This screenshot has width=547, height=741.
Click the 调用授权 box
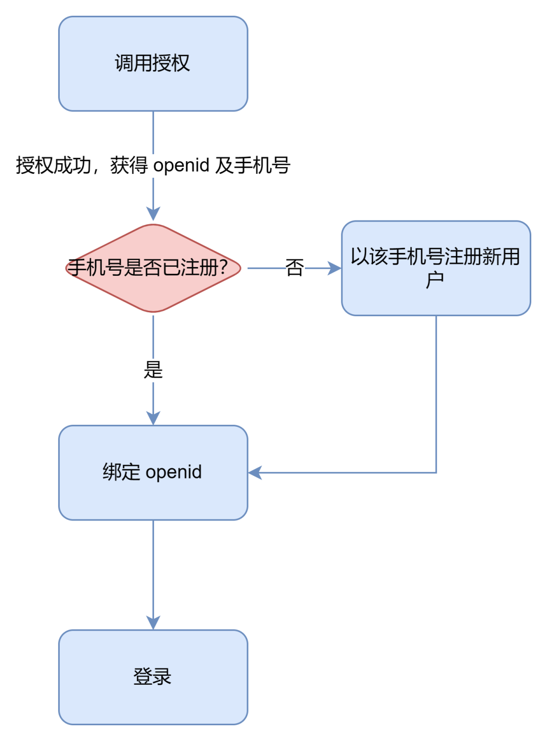(x=153, y=64)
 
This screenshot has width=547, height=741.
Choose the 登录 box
(x=153, y=677)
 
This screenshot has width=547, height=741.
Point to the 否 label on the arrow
(x=294, y=268)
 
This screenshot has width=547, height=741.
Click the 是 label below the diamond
(x=153, y=369)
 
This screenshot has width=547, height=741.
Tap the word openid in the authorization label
(x=181, y=165)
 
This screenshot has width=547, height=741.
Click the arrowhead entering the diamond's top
(x=153, y=214)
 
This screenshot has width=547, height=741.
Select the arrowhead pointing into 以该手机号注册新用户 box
(x=334, y=268)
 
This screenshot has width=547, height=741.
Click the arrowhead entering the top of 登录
(x=153, y=622)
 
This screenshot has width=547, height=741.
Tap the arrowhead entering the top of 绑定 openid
(x=153, y=418)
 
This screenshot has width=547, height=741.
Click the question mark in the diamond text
(x=223, y=267)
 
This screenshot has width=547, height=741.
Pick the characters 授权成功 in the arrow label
(x=53, y=165)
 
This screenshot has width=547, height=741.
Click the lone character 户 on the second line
(x=435, y=280)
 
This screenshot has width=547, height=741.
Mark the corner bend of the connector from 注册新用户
(x=436, y=472)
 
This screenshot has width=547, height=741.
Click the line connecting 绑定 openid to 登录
(x=153, y=568)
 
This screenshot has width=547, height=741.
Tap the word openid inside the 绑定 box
(x=174, y=472)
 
